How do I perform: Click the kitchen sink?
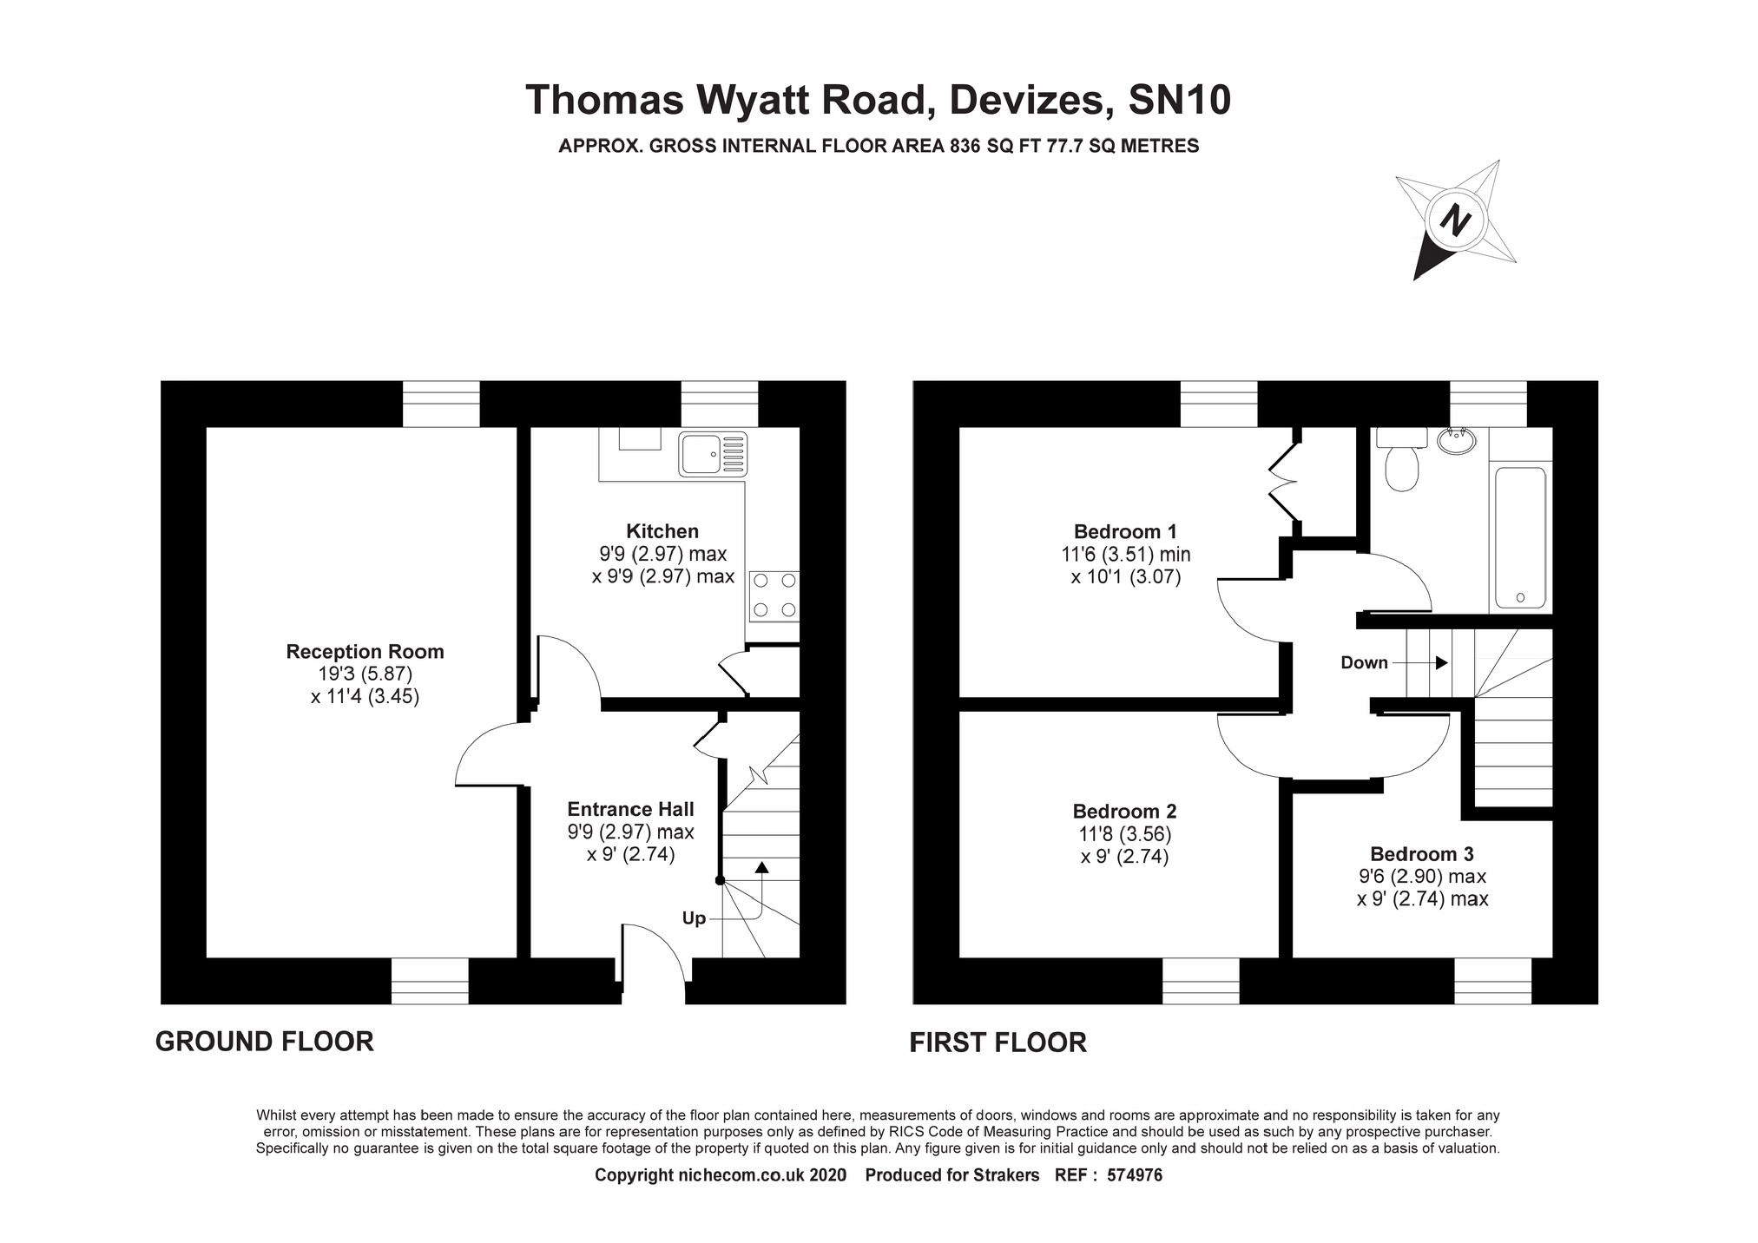point(713,454)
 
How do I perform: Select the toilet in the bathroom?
point(1401,463)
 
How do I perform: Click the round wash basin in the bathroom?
point(1456,442)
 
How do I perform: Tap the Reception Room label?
point(365,652)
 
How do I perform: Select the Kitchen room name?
point(662,531)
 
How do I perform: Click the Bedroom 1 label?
point(1125,531)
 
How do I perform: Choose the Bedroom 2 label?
point(1124,812)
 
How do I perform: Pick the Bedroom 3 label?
point(1421,854)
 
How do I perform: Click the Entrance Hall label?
point(630,809)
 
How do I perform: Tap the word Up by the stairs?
point(694,918)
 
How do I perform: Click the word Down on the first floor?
point(1364,663)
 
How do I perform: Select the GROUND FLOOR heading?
point(265,1042)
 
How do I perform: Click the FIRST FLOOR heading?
point(998,1042)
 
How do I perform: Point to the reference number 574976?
point(1135,1175)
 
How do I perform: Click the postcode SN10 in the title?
point(1179,100)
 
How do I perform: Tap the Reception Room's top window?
point(441,404)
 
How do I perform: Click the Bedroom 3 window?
point(1492,981)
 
